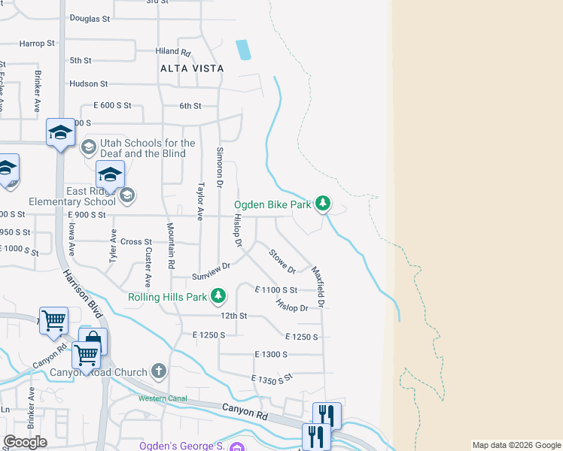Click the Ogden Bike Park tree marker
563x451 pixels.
coord(323,203)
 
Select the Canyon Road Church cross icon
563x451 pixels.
coord(158,371)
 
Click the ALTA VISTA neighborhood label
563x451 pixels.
coord(192,68)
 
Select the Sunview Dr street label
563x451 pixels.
coord(211,271)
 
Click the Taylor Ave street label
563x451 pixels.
coord(200,201)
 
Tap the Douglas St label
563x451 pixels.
coord(90,17)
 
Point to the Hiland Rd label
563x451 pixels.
coord(174,52)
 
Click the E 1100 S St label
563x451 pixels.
coord(276,289)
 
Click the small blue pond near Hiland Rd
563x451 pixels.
coord(243,50)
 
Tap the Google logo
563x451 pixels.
coord(26,442)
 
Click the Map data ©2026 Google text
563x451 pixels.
coord(516,445)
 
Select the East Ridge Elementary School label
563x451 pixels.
coord(72,196)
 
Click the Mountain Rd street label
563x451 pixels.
coord(171,253)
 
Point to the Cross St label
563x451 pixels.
coord(136,242)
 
